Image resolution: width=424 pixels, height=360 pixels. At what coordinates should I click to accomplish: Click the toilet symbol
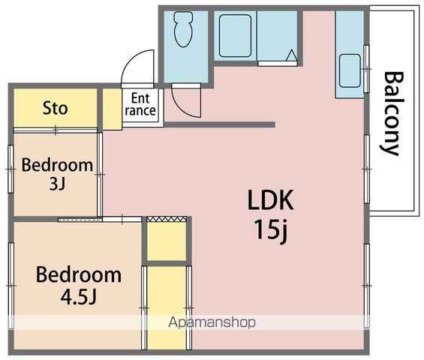pos(183,29)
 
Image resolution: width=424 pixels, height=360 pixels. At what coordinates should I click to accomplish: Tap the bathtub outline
pos(235,36)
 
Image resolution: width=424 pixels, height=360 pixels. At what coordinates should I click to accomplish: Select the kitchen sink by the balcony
pos(350,70)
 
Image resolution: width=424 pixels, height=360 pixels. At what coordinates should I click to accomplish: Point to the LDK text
pos(271,200)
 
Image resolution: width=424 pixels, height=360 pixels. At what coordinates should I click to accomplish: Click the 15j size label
pos(271,230)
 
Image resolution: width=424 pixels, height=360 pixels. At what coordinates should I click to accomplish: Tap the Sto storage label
pos(56,109)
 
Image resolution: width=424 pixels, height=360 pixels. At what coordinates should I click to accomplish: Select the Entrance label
pos(140,104)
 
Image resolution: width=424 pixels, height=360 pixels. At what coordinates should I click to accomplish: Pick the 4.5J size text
pos(78,296)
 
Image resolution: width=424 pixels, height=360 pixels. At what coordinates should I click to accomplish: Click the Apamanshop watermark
pos(212,322)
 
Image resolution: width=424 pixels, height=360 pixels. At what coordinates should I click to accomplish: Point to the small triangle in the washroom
pos(291,55)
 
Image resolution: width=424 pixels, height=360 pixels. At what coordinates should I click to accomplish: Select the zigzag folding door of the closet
pos(167,219)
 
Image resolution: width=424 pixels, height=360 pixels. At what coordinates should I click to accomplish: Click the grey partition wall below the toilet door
pos(220,124)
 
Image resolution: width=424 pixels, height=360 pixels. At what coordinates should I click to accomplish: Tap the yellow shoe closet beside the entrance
pos(113,109)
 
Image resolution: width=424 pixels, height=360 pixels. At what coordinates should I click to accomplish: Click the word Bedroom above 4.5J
pos(79,274)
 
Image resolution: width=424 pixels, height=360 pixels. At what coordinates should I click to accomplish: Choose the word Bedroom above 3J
pos(57,165)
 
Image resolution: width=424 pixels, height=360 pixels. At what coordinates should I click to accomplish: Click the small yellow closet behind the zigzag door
pos(167,241)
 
